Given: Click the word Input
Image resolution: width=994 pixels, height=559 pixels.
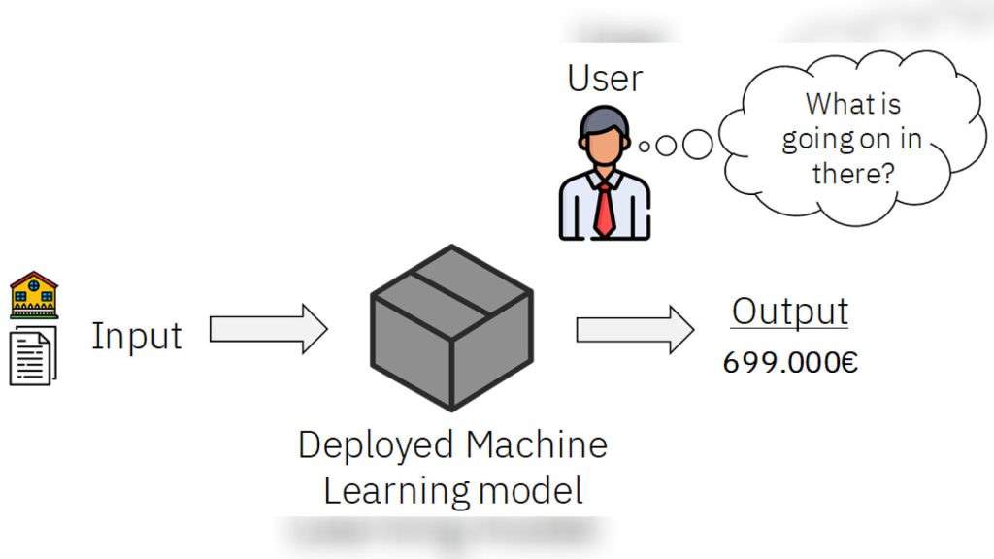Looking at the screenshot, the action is pos(137,335).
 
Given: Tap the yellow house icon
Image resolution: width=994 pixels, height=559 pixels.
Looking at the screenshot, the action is pos(34,295).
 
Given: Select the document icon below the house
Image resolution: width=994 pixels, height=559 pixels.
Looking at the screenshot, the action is pos(33,355).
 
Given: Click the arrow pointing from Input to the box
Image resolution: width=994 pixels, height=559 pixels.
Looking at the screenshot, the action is pos(268,329).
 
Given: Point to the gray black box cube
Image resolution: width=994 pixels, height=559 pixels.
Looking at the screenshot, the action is pos(451,328).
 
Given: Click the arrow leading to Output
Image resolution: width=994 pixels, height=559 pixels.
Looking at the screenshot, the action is pos(635,330).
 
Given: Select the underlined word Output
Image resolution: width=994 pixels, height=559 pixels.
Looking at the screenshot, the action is pos(790,312).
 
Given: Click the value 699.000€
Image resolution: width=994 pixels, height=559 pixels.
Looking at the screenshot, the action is pos(790,363).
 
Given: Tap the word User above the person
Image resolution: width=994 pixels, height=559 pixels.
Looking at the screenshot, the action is pos(605,78).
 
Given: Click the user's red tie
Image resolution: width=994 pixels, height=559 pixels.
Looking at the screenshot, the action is pos(605,210).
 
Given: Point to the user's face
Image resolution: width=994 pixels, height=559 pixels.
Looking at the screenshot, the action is pos(603,145).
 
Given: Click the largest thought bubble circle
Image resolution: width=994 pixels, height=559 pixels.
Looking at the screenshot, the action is pos(697,145).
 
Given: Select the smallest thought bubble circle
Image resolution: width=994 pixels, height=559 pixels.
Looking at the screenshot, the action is pos(645,147).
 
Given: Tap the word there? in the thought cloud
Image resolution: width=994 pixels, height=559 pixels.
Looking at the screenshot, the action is pos(853,173).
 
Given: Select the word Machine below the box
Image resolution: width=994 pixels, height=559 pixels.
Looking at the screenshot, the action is pos(536,444).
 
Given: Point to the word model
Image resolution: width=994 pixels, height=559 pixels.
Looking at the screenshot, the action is pos(530,491).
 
